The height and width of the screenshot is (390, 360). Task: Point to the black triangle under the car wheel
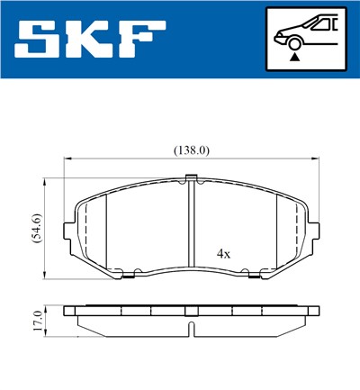tap(294, 57)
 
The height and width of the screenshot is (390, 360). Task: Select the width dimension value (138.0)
tap(191, 150)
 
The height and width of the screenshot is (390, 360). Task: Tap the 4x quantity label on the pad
tap(223, 254)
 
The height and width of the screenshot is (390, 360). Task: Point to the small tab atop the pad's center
tap(191, 182)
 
